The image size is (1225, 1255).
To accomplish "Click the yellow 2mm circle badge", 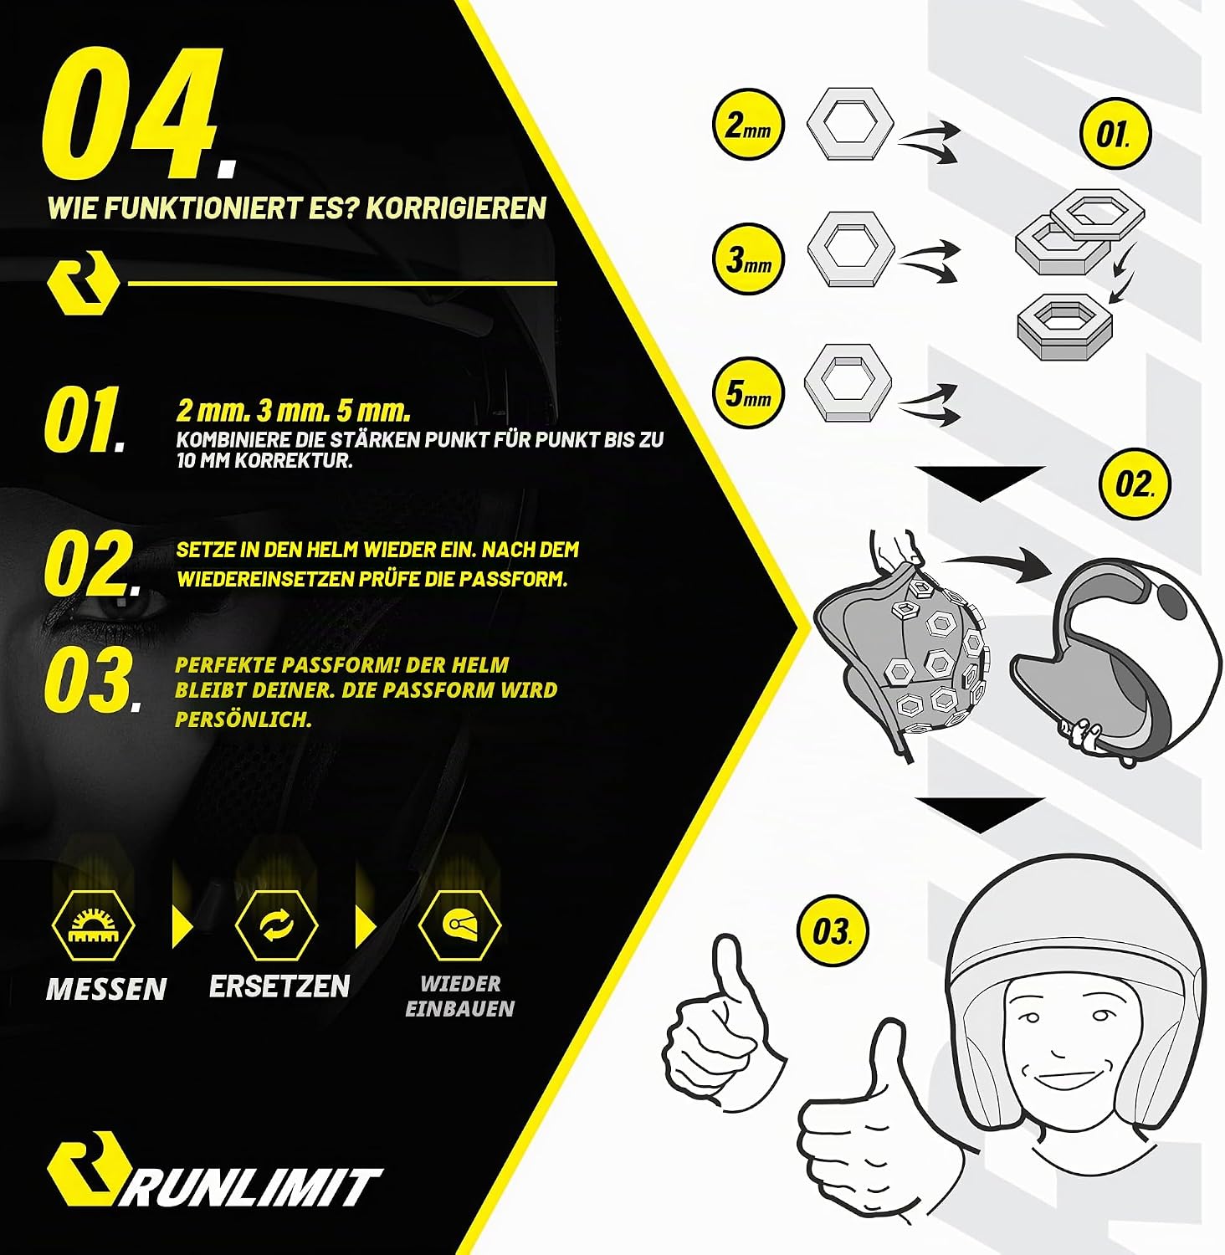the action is (748, 125).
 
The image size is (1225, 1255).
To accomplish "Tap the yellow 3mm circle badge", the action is (748, 259).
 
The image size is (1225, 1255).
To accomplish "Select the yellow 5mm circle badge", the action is (748, 392).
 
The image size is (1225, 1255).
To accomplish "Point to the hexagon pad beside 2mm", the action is (849, 123).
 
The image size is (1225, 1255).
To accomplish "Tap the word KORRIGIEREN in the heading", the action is (456, 207).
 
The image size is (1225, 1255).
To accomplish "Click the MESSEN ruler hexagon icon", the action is (92, 925).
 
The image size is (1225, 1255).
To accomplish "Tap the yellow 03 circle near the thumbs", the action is (832, 931).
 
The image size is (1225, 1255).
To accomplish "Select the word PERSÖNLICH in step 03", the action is (243, 719).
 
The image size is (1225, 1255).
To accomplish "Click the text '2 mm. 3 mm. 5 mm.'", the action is (294, 411).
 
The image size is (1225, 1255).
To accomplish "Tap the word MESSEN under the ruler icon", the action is (106, 989).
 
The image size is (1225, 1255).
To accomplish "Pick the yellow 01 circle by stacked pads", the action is (1114, 135).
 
